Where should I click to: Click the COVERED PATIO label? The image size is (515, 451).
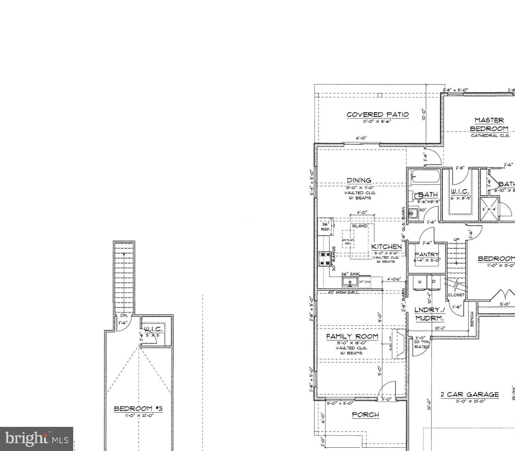pos(377,115)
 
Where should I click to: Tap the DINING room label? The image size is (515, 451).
pos(359,180)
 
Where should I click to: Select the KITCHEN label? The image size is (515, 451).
pos(386,247)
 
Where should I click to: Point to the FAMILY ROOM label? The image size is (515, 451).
pos(352,336)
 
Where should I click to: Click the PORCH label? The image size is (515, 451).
pos(366,415)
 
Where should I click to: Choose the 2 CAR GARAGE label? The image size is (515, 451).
pos(470,395)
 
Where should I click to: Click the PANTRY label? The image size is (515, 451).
pos(427,254)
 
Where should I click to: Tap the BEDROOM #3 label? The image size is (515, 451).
pos(138,409)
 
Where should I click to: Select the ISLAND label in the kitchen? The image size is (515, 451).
pos(360,226)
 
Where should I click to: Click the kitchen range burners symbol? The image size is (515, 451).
pos(325,259)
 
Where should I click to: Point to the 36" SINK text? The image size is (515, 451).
pos(350,274)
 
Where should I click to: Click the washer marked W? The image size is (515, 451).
pos(419,281)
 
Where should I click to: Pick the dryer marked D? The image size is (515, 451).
pos(434,281)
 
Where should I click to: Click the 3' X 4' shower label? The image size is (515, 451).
pos(489,209)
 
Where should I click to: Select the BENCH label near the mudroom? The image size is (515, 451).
pos(472,319)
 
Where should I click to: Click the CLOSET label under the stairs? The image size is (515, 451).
pos(456,295)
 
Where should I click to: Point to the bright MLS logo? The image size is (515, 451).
pos(36,439)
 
